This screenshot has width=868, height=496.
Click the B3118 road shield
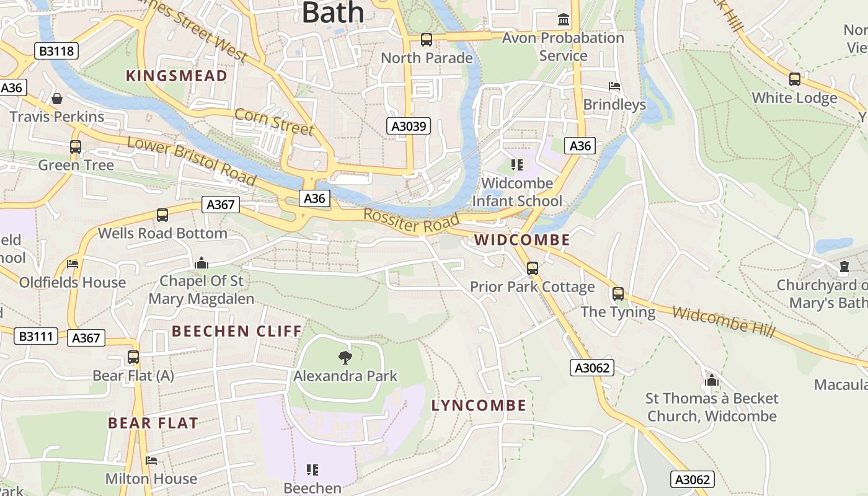coord(56,51)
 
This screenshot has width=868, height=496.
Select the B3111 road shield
coord(36,337)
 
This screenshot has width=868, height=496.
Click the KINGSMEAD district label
coord(177,76)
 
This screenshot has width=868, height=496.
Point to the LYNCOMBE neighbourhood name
coord(479,405)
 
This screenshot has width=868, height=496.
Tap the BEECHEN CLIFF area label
coord(237,331)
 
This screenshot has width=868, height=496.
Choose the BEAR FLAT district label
coord(153,423)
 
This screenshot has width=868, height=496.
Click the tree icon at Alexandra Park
coord(345,358)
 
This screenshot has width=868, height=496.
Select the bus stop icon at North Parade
coord(427,40)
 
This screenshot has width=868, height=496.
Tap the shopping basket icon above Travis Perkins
coord(57,99)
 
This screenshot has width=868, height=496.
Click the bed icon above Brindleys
coord(614,86)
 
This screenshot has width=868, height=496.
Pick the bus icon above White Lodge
coord(794,79)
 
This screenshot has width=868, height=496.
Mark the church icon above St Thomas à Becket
coord(712,379)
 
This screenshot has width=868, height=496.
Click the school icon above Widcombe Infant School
coord(517,165)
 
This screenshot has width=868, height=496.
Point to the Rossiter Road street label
coord(411,221)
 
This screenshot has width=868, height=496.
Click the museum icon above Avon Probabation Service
coord(564,20)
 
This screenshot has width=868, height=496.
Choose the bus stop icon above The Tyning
coord(618,294)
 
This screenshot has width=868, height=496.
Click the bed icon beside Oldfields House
coord(73,264)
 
